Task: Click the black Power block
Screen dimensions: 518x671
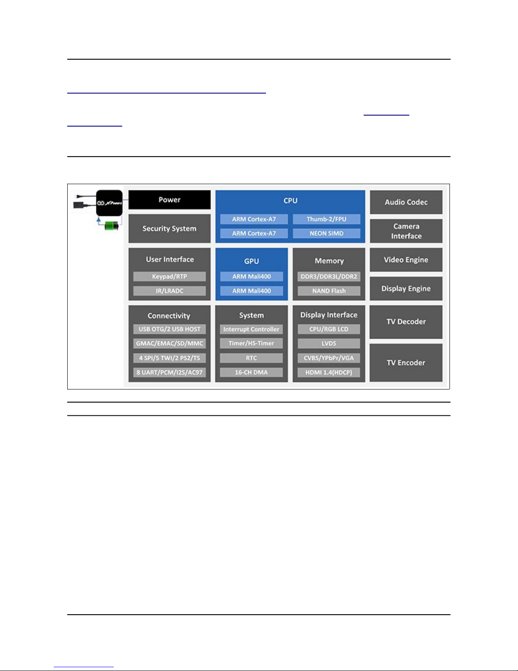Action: [x=169, y=200]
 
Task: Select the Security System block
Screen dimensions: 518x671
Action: [x=169, y=229]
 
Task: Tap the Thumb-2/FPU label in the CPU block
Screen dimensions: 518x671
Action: [x=326, y=219]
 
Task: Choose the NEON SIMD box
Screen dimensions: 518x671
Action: [x=326, y=233]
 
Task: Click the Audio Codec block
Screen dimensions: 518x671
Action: [x=406, y=202]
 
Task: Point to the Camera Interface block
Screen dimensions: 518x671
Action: [x=406, y=231]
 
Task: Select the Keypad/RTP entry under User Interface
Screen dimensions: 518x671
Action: [x=169, y=276]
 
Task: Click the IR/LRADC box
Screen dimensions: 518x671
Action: [x=169, y=291]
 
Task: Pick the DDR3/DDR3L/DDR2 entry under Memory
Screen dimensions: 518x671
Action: [x=329, y=276]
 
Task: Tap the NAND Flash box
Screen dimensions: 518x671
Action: [x=329, y=291]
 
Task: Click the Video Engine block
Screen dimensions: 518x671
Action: [x=406, y=260]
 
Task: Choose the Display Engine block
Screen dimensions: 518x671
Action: [x=406, y=289]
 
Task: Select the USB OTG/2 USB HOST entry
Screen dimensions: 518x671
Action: [x=169, y=329]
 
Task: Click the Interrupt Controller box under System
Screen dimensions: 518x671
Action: [x=251, y=329]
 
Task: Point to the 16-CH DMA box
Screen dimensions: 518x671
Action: [x=251, y=373]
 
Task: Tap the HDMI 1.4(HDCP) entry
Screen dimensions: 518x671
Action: [x=329, y=373]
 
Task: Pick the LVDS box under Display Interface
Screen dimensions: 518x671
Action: [x=329, y=343]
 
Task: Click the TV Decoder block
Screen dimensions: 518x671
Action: [x=406, y=322]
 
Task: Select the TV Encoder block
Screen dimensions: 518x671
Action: [x=406, y=363]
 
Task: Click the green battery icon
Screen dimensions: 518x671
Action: [x=112, y=226]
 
